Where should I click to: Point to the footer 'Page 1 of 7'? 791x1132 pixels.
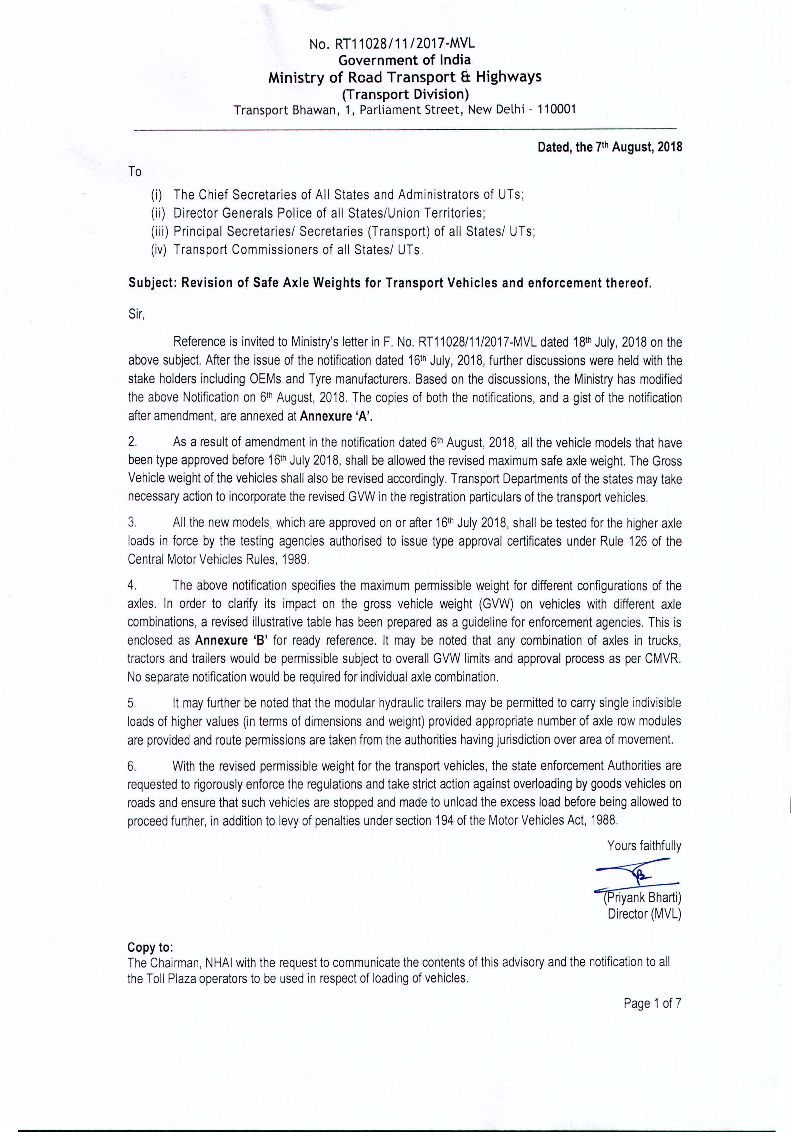coord(652,1003)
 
